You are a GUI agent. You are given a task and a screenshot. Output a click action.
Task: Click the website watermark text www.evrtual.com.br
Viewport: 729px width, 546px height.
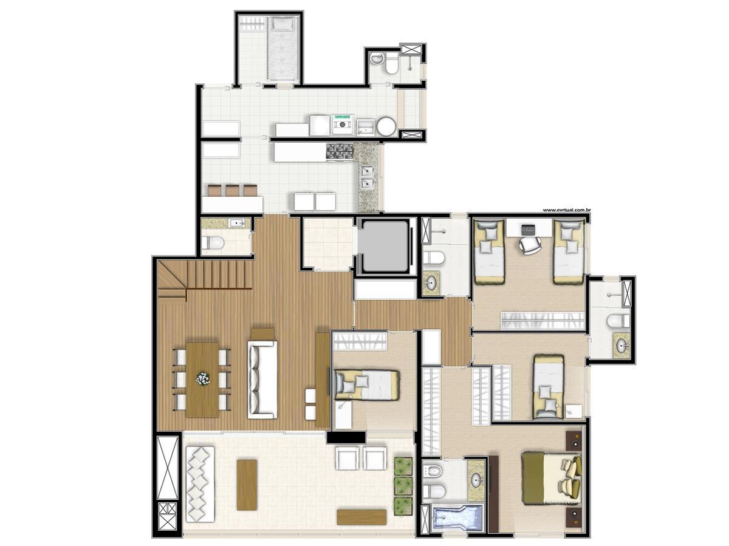click(567, 210)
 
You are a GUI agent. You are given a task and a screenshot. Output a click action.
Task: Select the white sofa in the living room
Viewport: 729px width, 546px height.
click(262, 379)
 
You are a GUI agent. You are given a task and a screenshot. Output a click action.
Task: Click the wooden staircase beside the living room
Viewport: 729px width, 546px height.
click(204, 278)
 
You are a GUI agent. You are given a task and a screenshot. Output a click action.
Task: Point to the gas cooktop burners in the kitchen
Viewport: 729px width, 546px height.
click(339, 152)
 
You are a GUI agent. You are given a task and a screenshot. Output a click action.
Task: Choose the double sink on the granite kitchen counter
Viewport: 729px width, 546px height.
click(367, 176)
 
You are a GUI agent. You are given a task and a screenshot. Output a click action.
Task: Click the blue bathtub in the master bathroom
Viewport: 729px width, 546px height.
click(458, 519)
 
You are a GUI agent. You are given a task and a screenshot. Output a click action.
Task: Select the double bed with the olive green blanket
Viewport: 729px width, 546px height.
click(550, 477)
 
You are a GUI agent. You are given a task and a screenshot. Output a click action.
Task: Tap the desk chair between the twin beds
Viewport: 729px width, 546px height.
click(530, 245)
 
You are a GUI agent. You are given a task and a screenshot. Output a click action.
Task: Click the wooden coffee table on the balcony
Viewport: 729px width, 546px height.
click(247, 484)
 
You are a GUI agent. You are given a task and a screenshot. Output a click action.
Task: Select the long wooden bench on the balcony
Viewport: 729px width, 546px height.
click(361, 517)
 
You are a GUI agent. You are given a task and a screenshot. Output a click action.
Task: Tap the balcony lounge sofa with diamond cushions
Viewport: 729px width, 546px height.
click(199, 483)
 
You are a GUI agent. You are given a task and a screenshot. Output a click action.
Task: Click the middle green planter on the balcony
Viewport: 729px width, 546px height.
click(403, 485)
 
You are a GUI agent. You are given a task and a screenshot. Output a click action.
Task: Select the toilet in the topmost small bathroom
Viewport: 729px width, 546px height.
click(392, 63)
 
